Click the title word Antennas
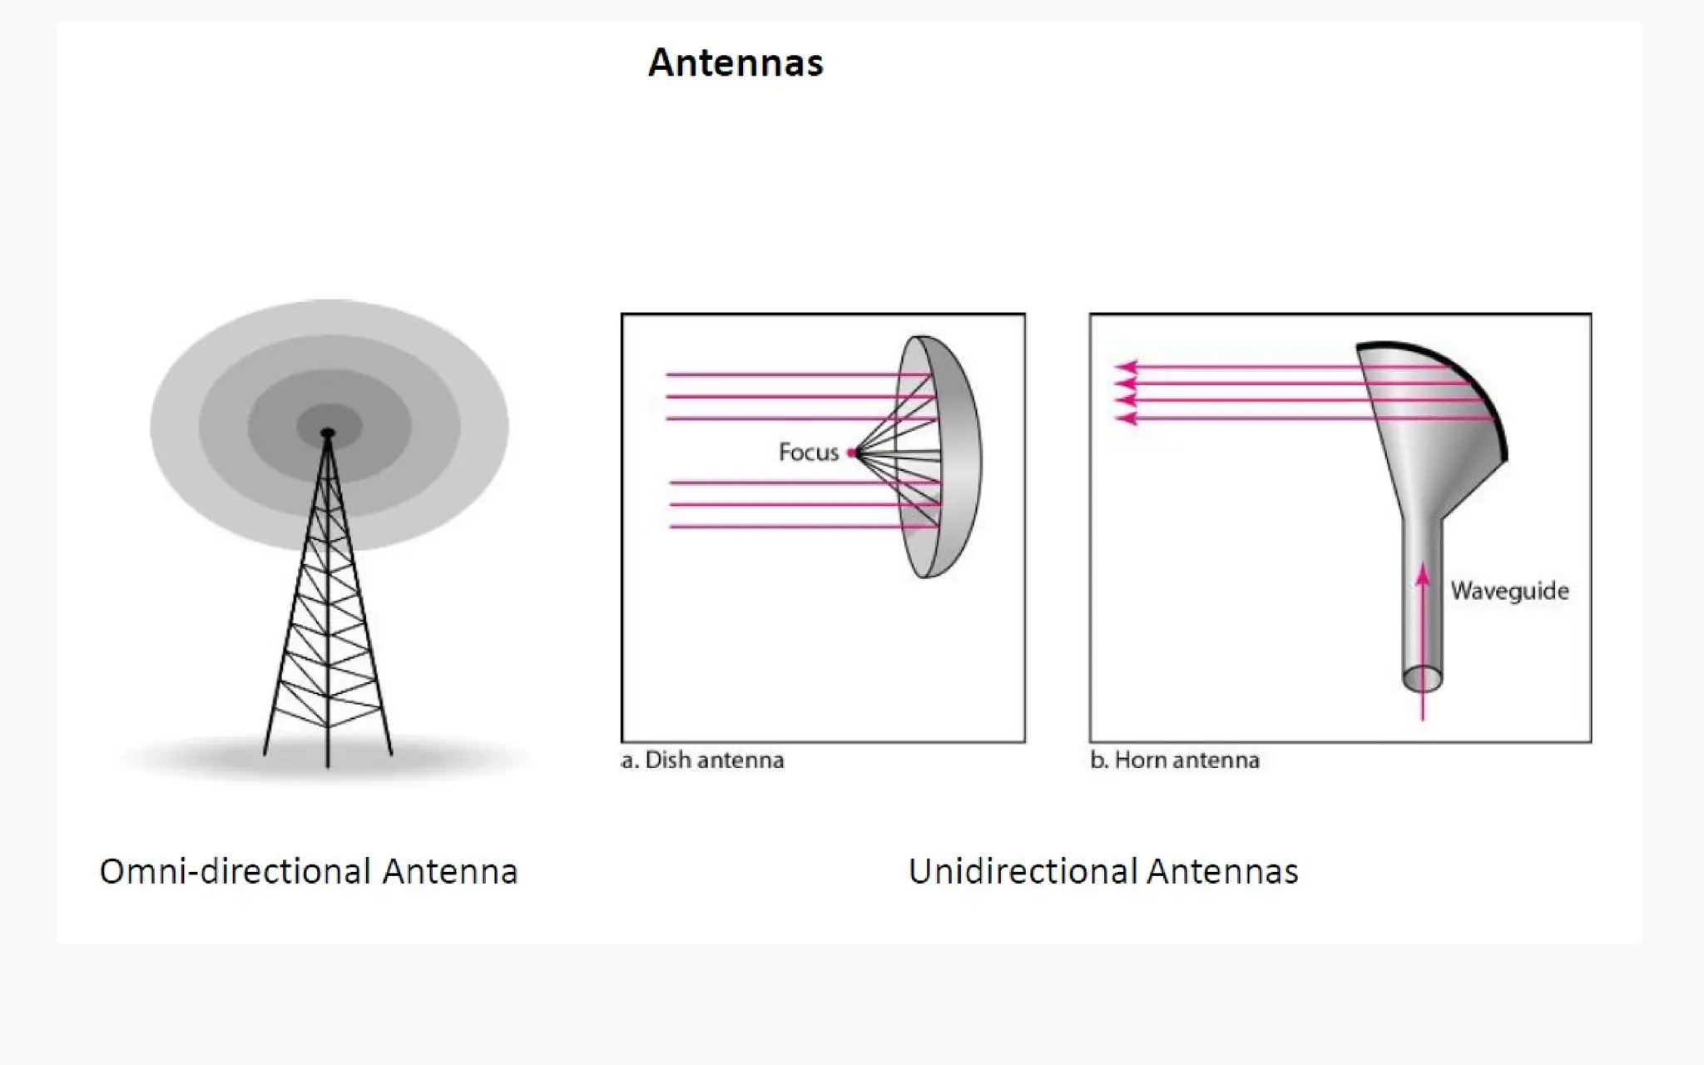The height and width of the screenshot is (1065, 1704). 736,62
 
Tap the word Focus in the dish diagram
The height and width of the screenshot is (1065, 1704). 808,453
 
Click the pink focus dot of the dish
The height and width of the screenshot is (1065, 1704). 851,453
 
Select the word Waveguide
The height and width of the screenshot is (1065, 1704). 1509,591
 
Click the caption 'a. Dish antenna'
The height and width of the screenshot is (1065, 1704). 703,760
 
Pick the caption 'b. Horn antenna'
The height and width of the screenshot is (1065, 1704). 1175,760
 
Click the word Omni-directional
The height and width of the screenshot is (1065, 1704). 235,871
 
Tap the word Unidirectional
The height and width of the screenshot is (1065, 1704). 1021,871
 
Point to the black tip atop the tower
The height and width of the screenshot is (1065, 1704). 328,433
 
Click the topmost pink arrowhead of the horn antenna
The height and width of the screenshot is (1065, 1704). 1125,366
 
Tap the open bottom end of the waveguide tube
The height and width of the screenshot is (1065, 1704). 1423,679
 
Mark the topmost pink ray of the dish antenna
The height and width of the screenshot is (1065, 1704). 790,375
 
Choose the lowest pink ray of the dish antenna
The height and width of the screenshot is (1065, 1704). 790,527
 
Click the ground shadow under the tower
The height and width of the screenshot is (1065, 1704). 449,757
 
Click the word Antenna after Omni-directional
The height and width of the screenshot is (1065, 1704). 449,871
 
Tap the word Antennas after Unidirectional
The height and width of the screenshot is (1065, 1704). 1221,871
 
